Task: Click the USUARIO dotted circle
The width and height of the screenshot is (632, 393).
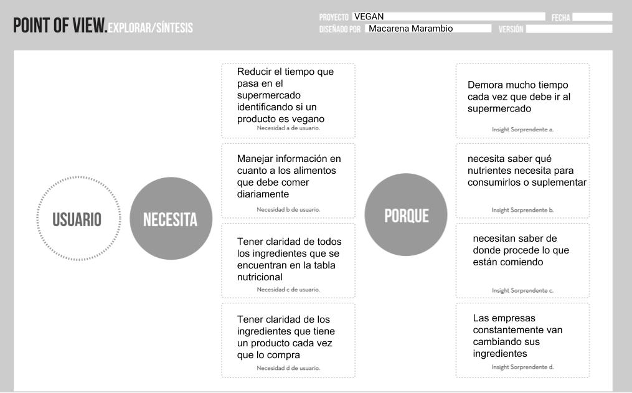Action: click(77, 219)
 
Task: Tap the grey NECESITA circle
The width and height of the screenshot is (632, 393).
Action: click(170, 219)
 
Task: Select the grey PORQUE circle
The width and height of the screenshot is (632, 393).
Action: click(406, 215)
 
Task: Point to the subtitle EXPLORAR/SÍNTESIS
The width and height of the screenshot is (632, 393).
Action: click(150, 28)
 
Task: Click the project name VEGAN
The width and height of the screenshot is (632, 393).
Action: click(369, 17)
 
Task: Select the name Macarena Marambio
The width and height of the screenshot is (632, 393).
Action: click(410, 29)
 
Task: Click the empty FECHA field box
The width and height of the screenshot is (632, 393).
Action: click(592, 17)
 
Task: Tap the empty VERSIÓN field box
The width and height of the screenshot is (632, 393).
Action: click(568, 29)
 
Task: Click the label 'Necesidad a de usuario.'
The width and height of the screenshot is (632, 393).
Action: click(288, 128)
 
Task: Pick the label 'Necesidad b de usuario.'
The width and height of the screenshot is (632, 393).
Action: click(288, 209)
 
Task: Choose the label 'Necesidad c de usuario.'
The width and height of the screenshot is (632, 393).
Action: click(288, 289)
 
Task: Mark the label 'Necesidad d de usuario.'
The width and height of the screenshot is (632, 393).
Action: click(288, 368)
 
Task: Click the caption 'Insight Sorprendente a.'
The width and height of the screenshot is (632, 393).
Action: click(522, 130)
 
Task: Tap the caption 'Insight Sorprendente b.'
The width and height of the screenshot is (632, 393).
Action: click(522, 210)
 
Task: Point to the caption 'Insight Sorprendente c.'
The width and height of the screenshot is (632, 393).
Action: click(522, 290)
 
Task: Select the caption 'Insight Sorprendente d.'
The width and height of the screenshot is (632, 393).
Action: click(522, 367)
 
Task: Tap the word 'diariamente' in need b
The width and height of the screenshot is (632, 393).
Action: click(263, 194)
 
